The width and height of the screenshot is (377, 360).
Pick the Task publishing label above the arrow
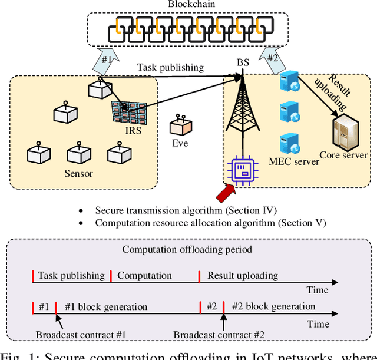pos(170,67)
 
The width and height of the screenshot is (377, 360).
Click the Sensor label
pos(79,173)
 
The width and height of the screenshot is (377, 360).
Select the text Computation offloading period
pos(187,249)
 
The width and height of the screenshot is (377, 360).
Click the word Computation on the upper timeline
pos(144,275)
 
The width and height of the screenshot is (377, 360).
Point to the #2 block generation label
pos(273,306)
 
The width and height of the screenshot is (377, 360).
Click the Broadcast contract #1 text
pos(81,335)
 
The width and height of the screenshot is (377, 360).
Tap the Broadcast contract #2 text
pos(219,335)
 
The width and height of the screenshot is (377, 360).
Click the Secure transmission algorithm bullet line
pos(186,210)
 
